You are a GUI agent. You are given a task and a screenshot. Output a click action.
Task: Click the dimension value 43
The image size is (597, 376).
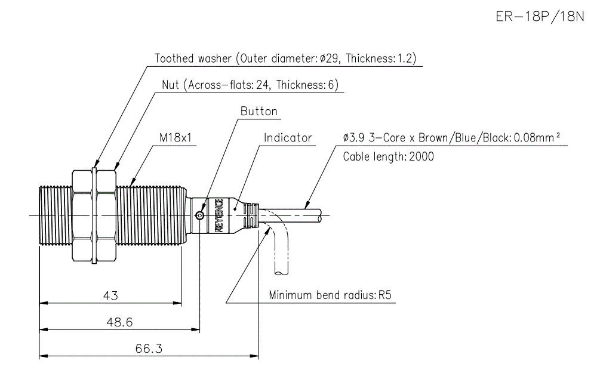tap(111, 295)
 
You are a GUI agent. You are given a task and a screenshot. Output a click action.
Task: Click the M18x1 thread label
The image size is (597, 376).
tap(175, 138)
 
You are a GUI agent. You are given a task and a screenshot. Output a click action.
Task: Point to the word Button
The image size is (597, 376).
tap(259, 112)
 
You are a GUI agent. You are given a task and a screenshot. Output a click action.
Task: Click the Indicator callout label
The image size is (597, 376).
tap(288, 138)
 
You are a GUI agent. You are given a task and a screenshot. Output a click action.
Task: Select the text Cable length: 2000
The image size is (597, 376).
tap(388, 157)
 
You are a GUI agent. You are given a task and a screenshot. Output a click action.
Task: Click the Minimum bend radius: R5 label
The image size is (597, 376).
tap(333, 295)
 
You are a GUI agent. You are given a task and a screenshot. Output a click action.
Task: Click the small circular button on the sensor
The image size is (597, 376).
tap(201, 215)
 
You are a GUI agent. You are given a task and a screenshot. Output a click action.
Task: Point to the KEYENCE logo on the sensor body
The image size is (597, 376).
tap(219, 215)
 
